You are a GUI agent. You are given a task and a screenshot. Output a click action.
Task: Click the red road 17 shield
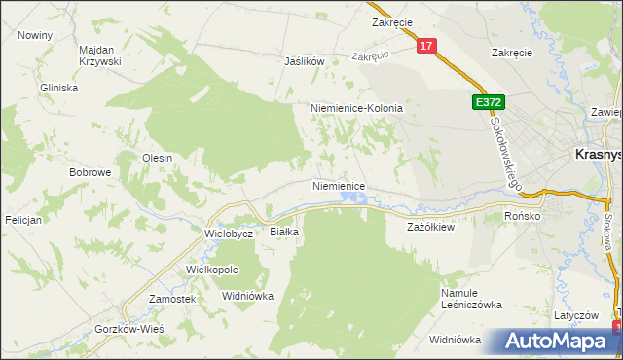426,46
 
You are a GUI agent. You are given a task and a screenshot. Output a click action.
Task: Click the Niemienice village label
339,185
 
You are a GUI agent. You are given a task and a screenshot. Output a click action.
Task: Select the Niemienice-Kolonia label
356,108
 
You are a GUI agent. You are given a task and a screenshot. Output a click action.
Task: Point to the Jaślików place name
303,60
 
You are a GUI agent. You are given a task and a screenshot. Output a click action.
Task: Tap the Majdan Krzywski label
99,54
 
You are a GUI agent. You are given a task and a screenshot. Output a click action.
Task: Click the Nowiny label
35,34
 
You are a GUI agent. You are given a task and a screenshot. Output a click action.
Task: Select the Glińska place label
58,87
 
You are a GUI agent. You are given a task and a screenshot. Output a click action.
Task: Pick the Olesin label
158,158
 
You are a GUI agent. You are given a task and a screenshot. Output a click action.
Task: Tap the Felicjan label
21,220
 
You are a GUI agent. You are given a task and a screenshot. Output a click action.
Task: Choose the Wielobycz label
230,234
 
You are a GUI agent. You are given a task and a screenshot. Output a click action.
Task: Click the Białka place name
284,232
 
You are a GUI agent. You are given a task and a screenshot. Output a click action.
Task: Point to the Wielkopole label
212,268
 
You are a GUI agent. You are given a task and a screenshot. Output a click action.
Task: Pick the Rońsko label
522,216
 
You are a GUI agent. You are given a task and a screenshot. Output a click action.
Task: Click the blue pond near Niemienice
352,199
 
